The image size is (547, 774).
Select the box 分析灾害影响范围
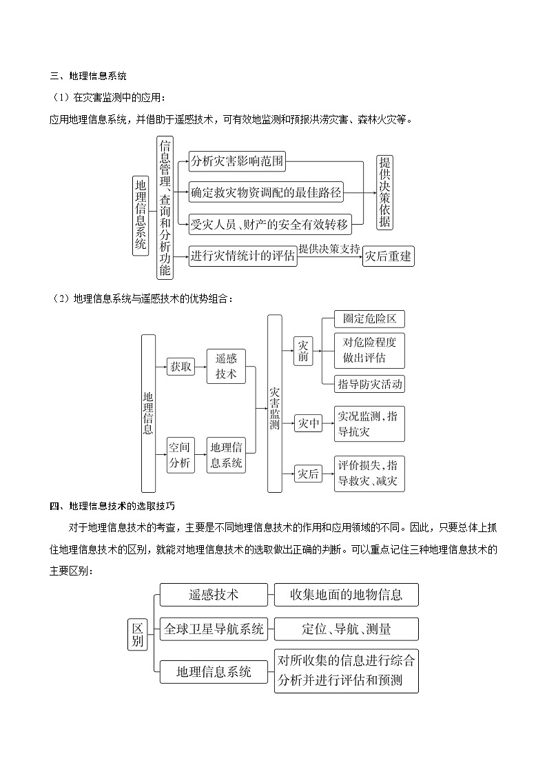point(237,163)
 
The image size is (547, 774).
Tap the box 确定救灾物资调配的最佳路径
point(266,193)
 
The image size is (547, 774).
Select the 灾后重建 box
point(389,256)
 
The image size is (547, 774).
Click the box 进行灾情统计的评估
point(243,256)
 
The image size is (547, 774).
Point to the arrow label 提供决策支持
point(329,249)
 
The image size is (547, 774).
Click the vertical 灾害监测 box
point(275,404)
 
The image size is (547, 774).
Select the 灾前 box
point(304,351)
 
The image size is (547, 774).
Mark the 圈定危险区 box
point(369,319)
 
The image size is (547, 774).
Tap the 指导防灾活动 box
point(369,384)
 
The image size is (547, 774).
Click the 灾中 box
point(308,424)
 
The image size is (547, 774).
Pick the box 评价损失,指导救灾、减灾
point(369,473)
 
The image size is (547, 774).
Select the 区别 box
point(138,635)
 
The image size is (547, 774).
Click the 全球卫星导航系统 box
point(214,629)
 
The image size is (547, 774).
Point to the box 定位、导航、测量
point(346,629)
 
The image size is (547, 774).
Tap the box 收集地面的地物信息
point(346,594)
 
